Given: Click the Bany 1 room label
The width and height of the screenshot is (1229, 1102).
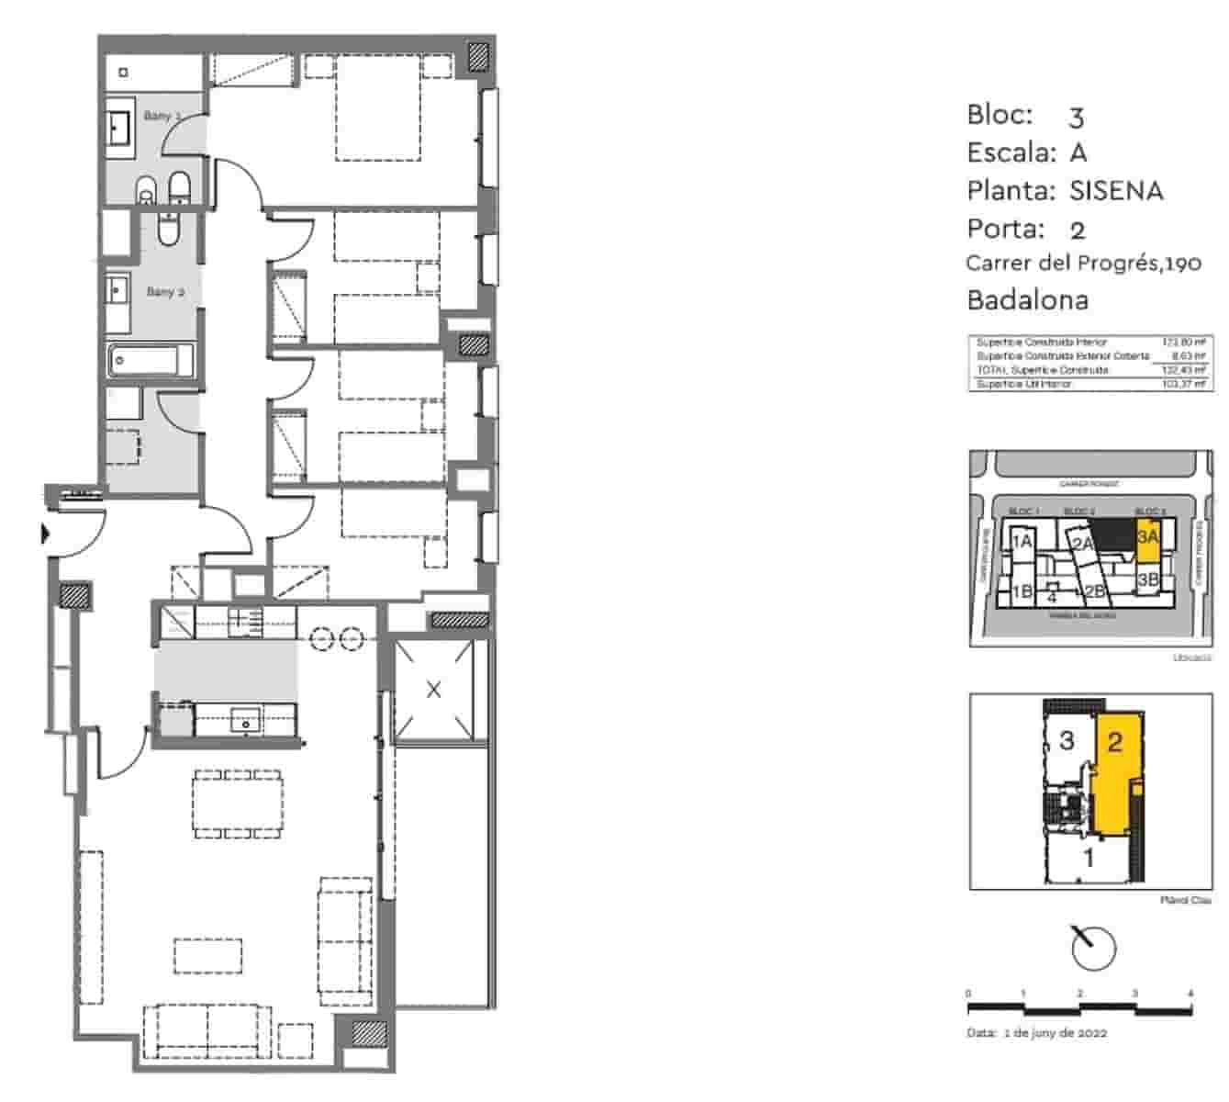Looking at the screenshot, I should tap(162, 116).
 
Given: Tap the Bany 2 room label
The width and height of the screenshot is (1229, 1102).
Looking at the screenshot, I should tap(165, 292).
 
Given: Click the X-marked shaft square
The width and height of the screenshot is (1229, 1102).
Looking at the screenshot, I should tap(434, 690).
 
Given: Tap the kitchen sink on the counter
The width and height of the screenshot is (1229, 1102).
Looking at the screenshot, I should tap(246, 720).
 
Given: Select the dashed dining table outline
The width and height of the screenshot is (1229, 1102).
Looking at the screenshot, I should tap(238, 804).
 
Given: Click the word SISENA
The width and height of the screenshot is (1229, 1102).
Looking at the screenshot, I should tap(1116, 191).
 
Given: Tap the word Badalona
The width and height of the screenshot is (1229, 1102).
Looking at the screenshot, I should tap(1027, 300).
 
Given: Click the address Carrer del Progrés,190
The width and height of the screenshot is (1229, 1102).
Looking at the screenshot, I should tap(1083, 264).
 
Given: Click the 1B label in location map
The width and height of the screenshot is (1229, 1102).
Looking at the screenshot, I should tap(1022, 591).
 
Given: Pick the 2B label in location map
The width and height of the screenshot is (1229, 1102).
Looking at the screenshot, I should tap(1093, 591).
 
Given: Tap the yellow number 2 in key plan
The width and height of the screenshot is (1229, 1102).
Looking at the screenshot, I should tap(1114, 742).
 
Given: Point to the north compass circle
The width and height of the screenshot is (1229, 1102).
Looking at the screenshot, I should tap(1094, 947).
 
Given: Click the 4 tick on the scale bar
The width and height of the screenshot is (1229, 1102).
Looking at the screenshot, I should tap(1190, 994).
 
